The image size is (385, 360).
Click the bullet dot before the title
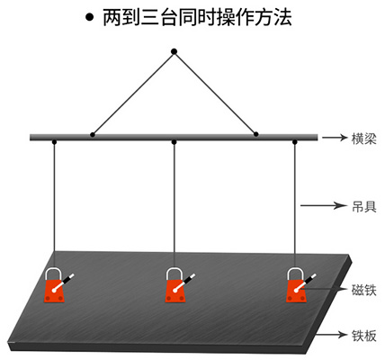tap(89, 17)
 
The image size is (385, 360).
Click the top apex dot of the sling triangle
tap(174, 51)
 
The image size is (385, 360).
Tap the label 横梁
tap(363, 139)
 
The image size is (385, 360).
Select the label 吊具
tap(363, 207)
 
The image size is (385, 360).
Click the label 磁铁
tap(363, 290)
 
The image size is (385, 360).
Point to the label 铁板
tap(363, 336)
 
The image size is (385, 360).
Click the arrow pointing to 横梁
tap(335, 138)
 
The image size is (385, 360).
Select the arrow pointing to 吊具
tap(323, 206)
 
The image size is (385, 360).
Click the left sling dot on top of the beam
tap(93, 135)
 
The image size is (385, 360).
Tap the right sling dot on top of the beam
tap(255, 134)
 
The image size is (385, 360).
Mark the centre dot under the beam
tap(174, 142)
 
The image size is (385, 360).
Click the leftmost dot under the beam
tap(54, 142)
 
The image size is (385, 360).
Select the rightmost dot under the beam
tap(295, 142)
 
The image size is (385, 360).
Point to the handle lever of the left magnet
tap(64, 283)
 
